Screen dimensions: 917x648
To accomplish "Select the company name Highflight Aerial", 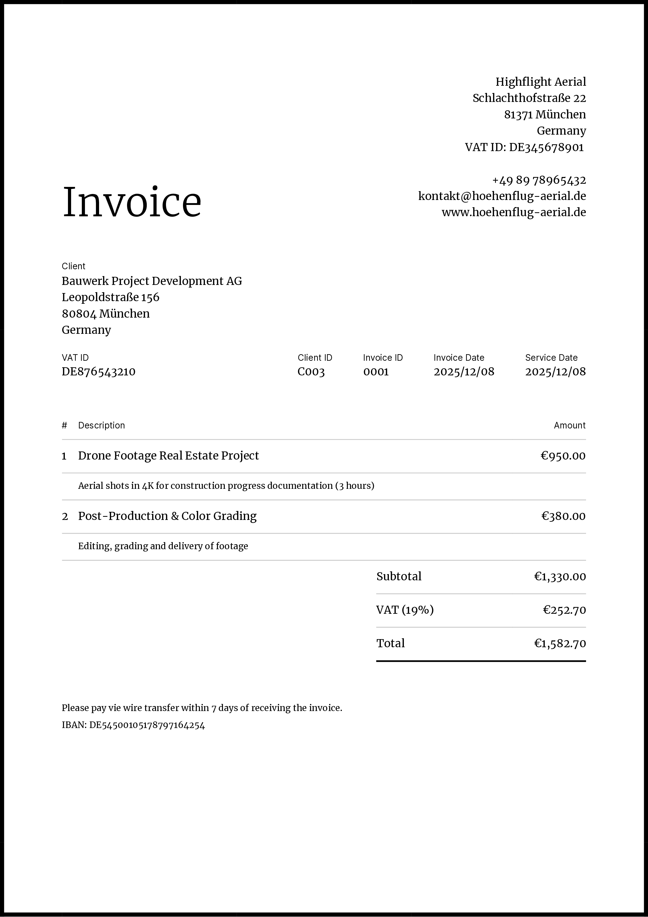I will (x=541, y=82).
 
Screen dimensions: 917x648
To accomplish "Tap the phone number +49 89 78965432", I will (x=539, y=180).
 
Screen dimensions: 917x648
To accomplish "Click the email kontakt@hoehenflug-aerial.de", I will (x=502, y=196).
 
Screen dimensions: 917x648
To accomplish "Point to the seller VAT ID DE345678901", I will (x=546, y=147).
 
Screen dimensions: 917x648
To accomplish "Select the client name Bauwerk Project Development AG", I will (x=152, y=281).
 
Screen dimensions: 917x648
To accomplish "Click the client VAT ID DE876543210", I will (x=99, y=372).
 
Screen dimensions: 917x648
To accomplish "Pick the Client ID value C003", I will (x=311, y=372).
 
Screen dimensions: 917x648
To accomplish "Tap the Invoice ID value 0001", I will (x=376, y=372).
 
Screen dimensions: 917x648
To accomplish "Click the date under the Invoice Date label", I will (x=464, y=372).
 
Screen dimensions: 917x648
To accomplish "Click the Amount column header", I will (x=569, y=425).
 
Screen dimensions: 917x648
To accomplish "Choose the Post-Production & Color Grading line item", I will (x=167, y=516).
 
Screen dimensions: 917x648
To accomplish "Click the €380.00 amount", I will (x=563, y=516).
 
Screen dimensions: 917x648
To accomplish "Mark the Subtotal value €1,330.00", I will (x=560, y=576).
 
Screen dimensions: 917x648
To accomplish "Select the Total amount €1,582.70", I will (x=560, y=643).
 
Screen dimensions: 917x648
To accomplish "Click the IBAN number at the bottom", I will (x=147, y=725).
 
